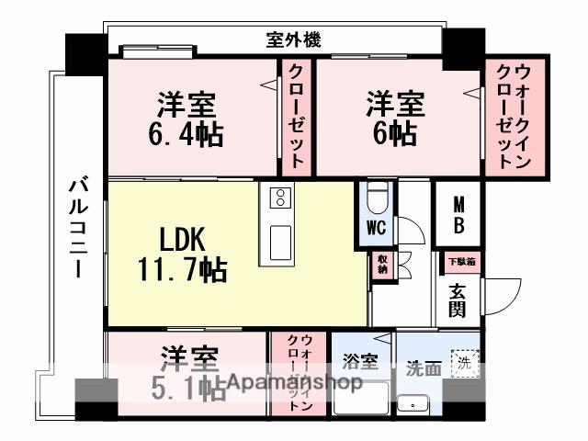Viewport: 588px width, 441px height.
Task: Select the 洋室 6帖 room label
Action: (x=396, y=117)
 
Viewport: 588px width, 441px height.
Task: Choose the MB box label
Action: (x=458, y=214)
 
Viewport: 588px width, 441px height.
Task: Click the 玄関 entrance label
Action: (x=457, y=299)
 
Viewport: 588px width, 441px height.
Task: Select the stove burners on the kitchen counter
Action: (x=279, y=198)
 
